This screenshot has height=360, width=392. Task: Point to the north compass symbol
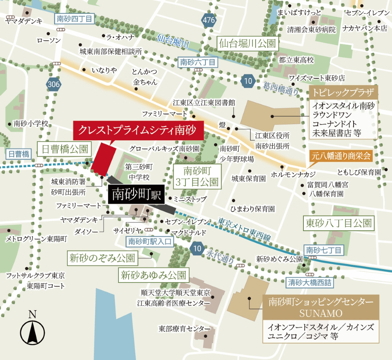click(32, 331)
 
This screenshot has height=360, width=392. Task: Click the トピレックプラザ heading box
click(344, 93)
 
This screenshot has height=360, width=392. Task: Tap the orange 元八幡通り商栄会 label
click(341, 156)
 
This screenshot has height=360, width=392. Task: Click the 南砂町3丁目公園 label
click(198, 176)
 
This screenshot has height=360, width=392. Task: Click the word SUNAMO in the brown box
click(321, 313)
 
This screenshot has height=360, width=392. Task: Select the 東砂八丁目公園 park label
click(339, 223)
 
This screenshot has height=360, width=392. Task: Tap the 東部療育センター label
click(182, 328)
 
